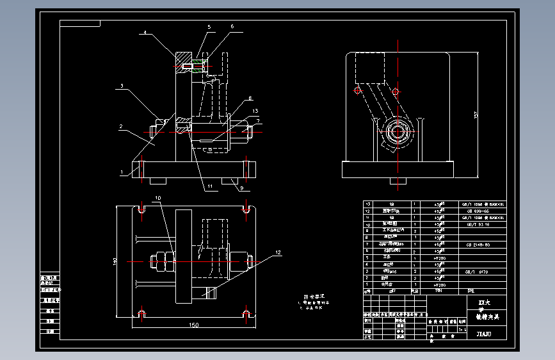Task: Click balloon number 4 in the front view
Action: coord(145,32)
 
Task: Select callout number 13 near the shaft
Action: coord(255,111)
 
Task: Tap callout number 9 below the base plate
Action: coord(241,188)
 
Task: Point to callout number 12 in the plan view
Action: coord(278,252)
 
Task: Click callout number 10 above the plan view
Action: coord(158,199)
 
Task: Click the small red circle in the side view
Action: coord(357,90)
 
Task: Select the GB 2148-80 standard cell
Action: coord(478,245)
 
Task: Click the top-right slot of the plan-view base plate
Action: coord(246,209)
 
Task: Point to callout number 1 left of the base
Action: coord(120,172)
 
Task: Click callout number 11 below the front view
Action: coord(209,187)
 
